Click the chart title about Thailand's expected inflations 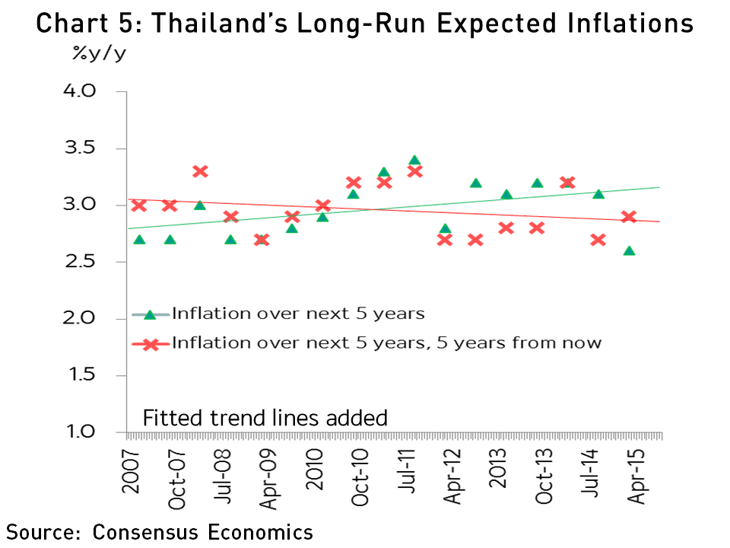365,24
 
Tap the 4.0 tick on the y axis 96,91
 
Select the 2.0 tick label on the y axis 96,319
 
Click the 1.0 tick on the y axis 96,432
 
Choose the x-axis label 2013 500,473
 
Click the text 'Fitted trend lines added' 265,418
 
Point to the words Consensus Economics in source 203,531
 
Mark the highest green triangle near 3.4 414,161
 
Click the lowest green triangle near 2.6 629,250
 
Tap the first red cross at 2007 139,205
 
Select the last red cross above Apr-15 629,217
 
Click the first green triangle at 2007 139,240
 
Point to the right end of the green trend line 659,187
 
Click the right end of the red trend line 659,221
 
